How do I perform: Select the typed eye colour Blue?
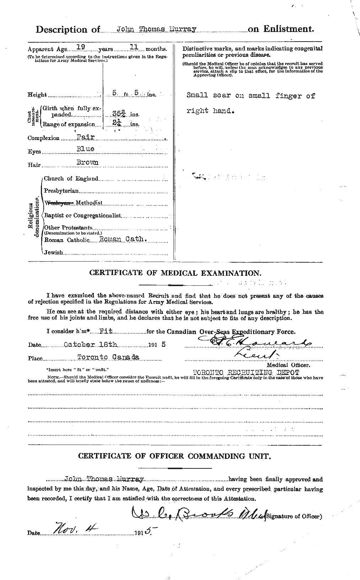point(85,149)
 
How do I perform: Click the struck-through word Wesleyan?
point(58,203)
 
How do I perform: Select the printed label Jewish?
point(53,252)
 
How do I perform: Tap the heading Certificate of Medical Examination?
point(175,273)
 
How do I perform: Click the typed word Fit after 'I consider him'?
point(106,331)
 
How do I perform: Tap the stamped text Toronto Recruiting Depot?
point(246,372)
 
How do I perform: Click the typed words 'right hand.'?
point(211,111)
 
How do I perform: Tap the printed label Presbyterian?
point(61,191)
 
